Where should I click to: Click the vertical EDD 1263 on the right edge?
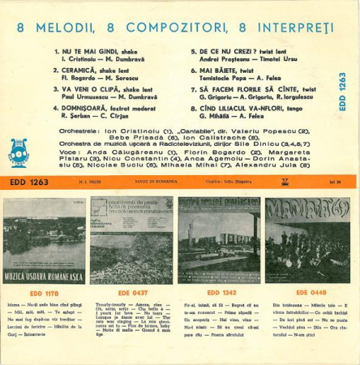tap(341, 91)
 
